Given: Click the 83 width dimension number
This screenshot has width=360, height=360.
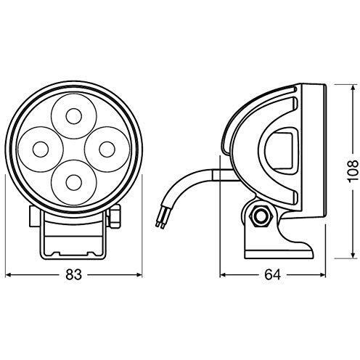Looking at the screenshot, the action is (x=74, y=274).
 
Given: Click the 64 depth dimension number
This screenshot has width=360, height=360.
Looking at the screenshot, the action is (x=272, y=274).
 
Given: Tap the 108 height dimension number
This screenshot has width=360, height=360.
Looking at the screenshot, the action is (x=352, y=171).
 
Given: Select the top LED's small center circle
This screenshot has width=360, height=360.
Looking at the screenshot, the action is (x=73, y=116).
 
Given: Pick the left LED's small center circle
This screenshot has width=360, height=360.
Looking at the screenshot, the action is (x=41, y=150).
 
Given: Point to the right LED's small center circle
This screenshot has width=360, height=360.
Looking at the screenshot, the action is (x=107, y=150).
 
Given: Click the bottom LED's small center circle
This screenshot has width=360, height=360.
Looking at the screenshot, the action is (x=73, y=182).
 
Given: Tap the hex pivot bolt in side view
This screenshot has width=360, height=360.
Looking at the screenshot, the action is (x=261, y=216).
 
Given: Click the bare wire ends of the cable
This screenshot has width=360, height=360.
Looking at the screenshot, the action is (x=160, y=224).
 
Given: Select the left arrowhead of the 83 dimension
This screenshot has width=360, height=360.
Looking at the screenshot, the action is (x=9, y=275).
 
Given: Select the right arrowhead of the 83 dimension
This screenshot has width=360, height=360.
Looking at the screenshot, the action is (x=139, y=275).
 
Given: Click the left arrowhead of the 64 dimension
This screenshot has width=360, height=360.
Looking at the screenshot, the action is (x=223, y=275).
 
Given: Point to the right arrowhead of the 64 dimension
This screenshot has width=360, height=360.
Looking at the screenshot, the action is (x=323, y=275).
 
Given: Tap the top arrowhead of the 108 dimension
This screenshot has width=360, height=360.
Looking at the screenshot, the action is (x=353, y=88).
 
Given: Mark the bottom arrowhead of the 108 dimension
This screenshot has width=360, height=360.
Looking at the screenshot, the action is (x=353, y=255).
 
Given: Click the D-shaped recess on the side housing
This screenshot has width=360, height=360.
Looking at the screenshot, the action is (x=281, y=150).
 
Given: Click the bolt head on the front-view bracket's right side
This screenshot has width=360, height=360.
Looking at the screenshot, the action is (x=115, y=216).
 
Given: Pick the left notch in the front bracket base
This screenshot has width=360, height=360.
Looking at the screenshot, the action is (x=56, y=253).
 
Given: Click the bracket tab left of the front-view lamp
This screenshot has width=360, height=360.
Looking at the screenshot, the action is (x=35, y=216).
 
